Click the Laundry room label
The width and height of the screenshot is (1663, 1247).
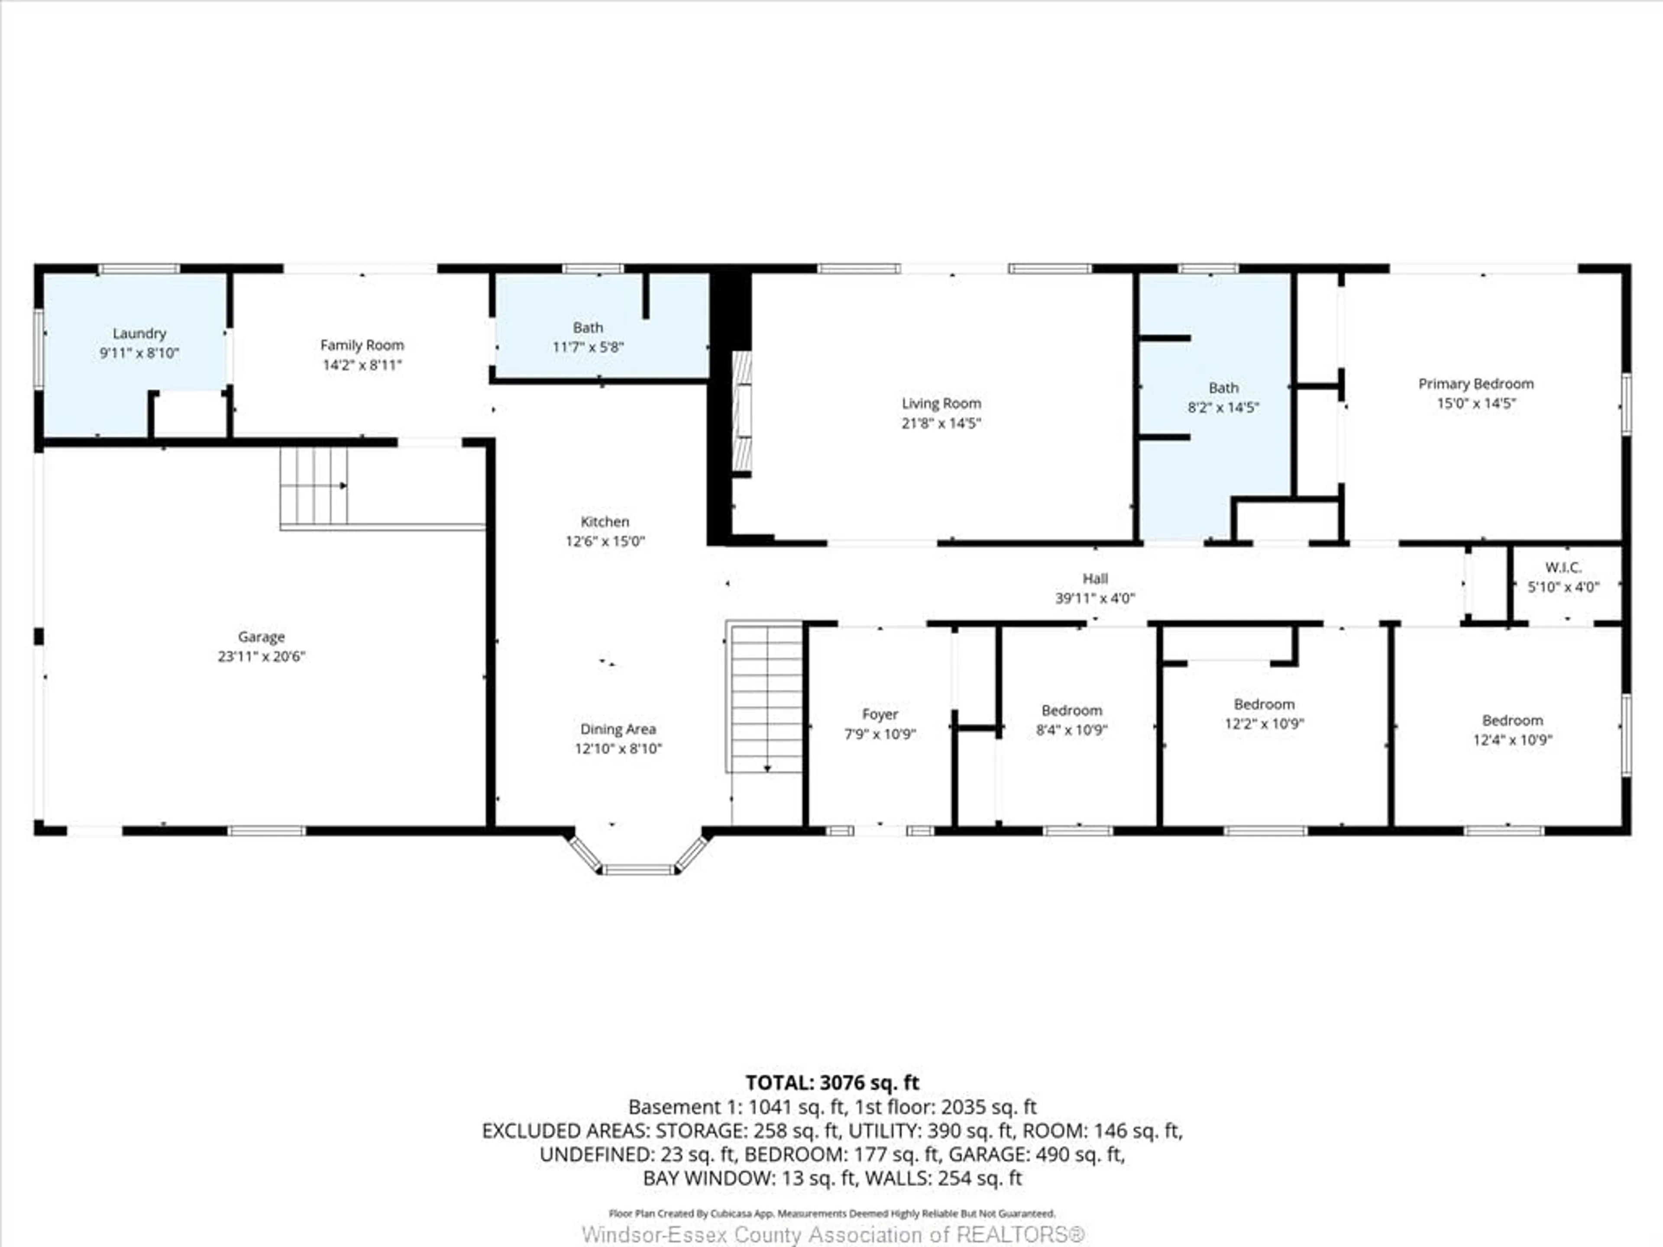pos(139,333)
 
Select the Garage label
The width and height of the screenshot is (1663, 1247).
pos(261,636)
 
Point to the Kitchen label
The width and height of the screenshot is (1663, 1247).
pos(605,522)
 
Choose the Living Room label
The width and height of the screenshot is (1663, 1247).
pos(941,404)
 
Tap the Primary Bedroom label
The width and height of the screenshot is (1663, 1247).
pos(1476,384)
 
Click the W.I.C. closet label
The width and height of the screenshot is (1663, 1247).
pos(1563,568)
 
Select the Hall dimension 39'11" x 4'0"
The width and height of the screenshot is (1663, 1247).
pos(1095,598)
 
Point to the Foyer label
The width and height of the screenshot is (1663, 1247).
pos(880,714)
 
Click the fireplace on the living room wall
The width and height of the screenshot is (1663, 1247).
pos(742,414)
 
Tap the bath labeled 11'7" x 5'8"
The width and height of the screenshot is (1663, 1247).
pos(588,337)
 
